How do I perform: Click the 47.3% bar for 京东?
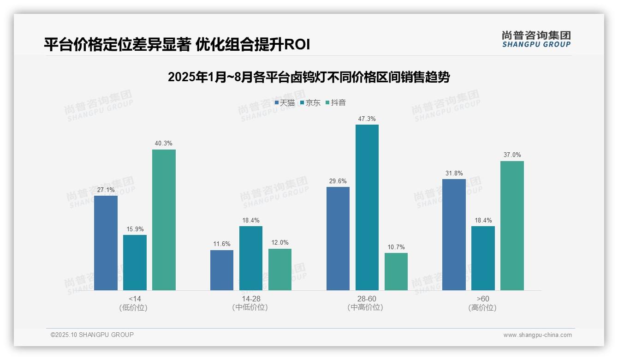coord(367,207)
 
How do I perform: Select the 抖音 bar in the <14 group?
coord(164,220)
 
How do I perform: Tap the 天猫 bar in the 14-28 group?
coord(222,270)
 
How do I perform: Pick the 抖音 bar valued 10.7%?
coord(396,271)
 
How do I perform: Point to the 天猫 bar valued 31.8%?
coord(454,234)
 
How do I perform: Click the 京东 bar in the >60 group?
coord(483,258)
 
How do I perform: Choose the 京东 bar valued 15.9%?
coord(135,262)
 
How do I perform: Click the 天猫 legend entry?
coord(285,103)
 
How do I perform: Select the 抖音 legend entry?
coord(336,103)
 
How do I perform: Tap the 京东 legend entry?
coord(310,103)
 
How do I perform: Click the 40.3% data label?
coord(164,144)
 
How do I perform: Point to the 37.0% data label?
coord(512,155)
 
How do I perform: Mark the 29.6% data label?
coord(338,181)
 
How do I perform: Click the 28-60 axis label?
coord(367,299)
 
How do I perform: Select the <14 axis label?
coord(135,299)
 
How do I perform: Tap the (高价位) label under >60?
coord(482,308)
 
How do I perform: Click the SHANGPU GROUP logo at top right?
coord(536,39)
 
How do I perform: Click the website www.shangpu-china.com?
coord(537,335)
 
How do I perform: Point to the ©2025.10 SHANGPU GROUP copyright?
coord(92,335)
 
